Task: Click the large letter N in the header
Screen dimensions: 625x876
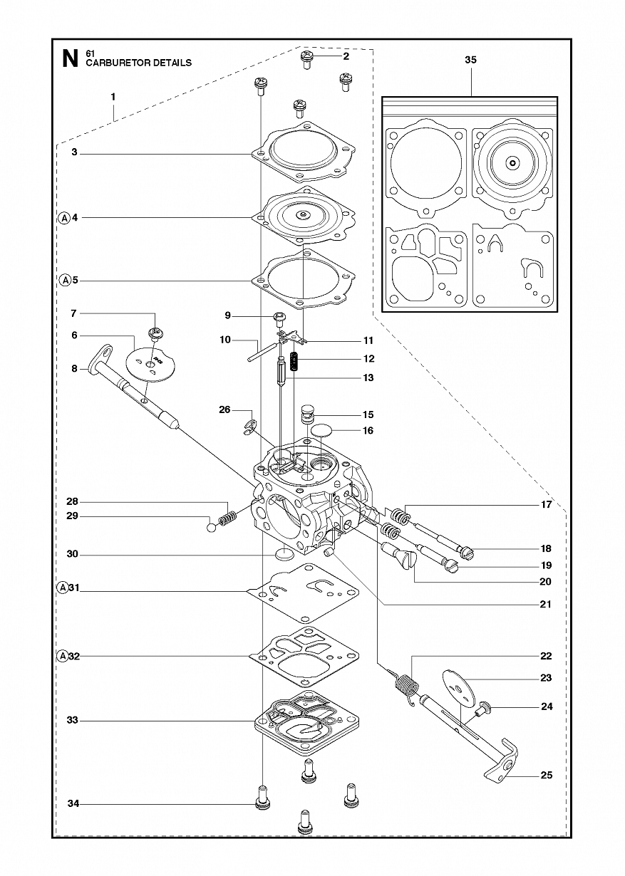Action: pos(71,59)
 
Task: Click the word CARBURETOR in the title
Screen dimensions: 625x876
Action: pos(116,63)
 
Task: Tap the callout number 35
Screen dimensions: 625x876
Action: pos(471,60)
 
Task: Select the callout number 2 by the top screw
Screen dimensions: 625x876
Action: pos(346,56)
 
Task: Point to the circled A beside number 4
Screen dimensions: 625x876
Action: pos(65,218)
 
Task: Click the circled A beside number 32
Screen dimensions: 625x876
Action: pos(63,656)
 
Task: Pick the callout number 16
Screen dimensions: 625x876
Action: pos(368,431)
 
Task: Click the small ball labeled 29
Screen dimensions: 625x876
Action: pos(212,528)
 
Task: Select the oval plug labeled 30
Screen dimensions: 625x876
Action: pos(284,554)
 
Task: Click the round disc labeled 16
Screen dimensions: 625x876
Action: pos(321,431)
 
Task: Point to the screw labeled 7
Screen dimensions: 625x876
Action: pos(155,335)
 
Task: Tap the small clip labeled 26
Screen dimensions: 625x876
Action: pos(249,427)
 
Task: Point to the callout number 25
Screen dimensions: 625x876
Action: pos(546,775)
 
